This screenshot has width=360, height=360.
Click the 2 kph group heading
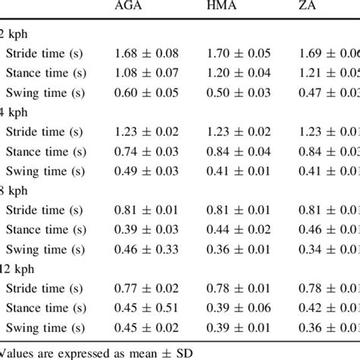17,33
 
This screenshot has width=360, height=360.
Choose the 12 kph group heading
20,271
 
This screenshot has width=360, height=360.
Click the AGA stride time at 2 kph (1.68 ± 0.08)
147,53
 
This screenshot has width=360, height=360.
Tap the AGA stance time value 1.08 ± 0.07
147,73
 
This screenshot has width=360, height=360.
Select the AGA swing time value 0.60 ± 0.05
147,93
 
